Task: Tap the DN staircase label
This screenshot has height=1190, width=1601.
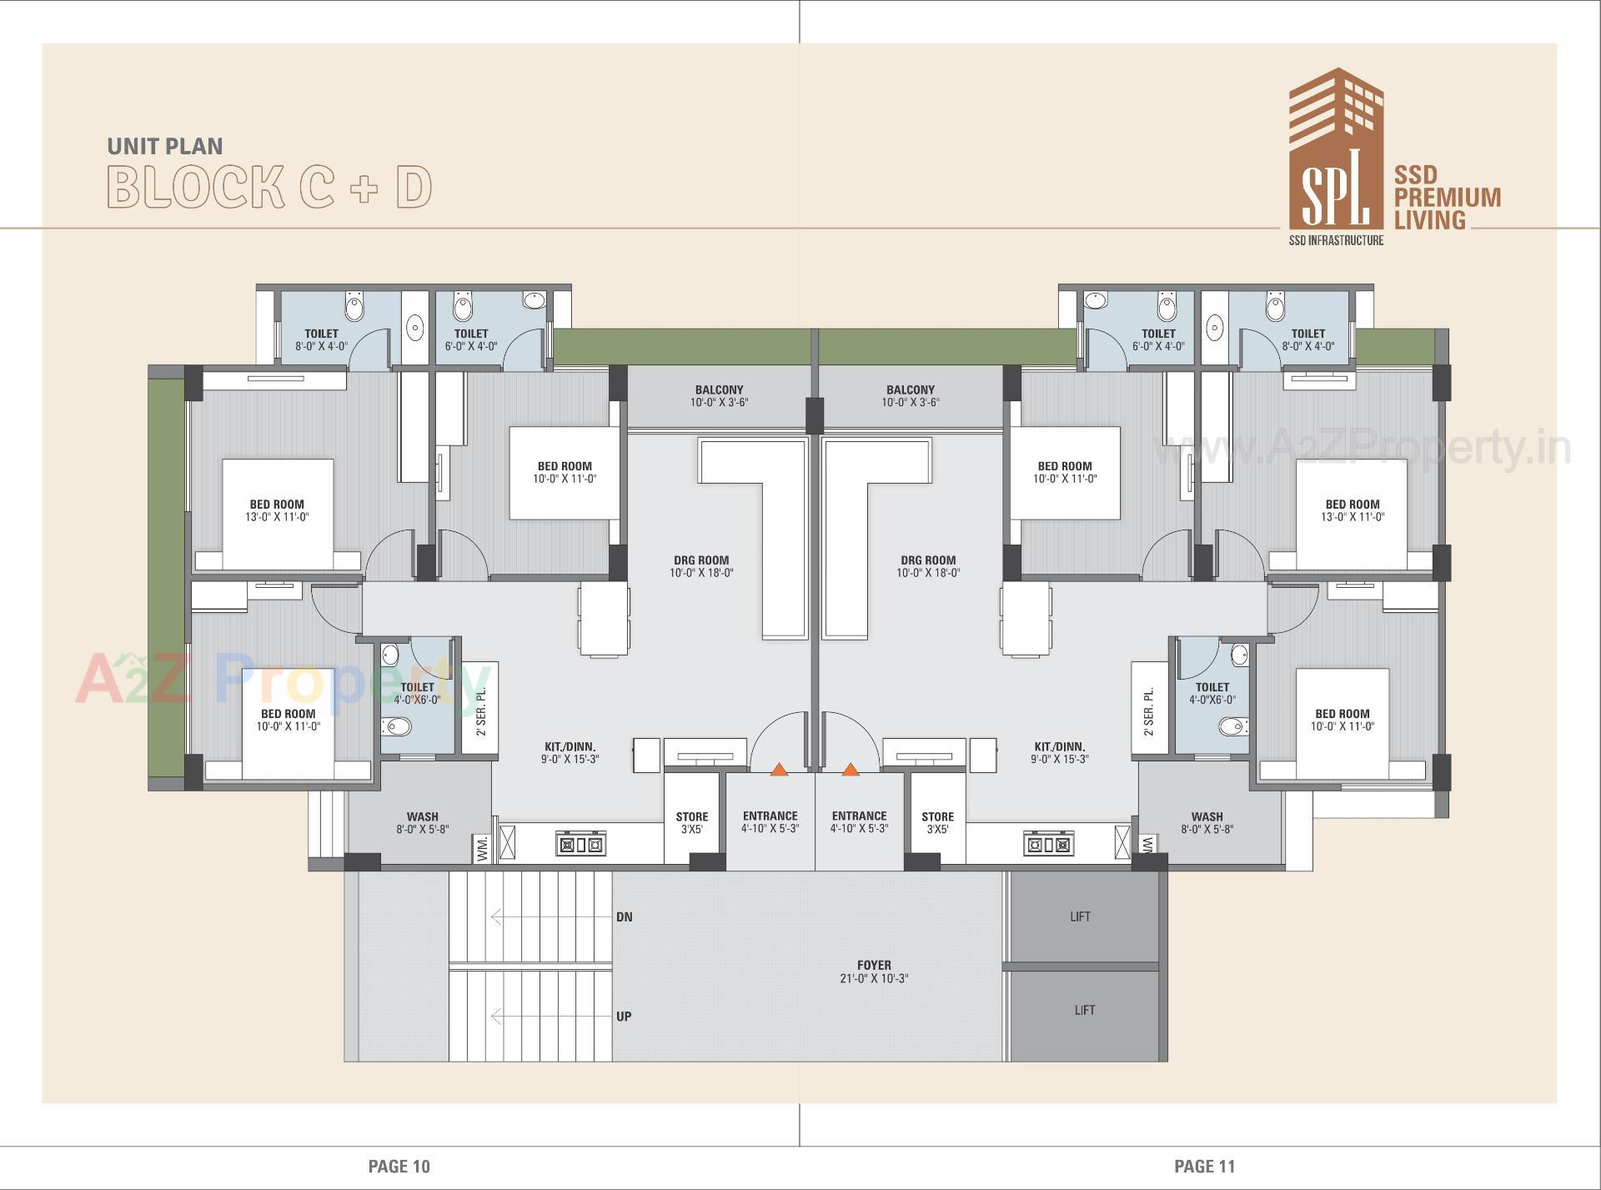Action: [x=624, y=917]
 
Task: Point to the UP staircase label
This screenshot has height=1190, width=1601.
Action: [x=624, y=1017]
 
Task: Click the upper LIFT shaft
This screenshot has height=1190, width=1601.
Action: [x=1081, y=916]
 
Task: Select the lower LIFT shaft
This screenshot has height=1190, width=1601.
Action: [x=1084, y=1011]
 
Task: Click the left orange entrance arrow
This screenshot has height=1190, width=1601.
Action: [x=779, y=770]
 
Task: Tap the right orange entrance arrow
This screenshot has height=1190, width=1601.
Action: [x=851, y=770]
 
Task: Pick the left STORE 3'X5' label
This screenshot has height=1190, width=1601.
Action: [x=692, y=823]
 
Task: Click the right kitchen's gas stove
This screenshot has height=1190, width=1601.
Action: [x=1048, y=844]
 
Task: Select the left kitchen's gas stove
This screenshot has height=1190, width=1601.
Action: [x=580, y=844]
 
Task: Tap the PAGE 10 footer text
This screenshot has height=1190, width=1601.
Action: [x=399, y=1167]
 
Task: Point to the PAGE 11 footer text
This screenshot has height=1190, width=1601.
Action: [x=1204, y=1167]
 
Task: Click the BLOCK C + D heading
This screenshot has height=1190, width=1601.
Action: [x=269, y=187]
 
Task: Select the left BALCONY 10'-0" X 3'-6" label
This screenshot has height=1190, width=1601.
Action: [x=719, y=396]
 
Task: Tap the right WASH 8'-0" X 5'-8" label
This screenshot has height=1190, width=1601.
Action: [x=1207, y=823]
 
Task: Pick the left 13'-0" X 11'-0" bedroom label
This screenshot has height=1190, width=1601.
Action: [x=277, y=510]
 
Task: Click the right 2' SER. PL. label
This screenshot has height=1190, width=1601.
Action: [x=1149, y=710]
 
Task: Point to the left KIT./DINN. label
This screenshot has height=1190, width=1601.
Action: [x=570, y=753]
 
